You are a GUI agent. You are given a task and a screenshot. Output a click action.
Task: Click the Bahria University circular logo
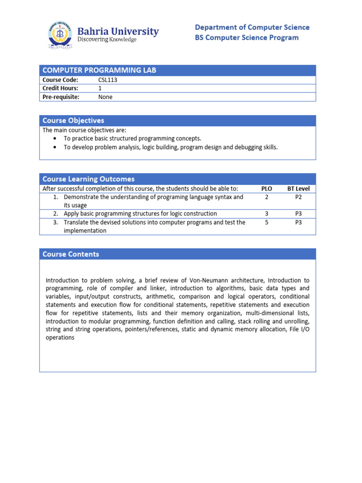click(x=60, y=35)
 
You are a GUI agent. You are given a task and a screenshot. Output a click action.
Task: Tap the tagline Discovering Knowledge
click(x=107, y=40)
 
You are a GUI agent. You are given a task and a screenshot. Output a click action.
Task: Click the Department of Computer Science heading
click(x=252, y=27)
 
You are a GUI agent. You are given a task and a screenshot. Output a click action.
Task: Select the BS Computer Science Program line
click(x=247, y=38)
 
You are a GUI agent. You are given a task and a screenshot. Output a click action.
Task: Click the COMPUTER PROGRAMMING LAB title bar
click(x=99, y=70)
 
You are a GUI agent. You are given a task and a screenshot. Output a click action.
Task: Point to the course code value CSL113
click(x=107, y=80)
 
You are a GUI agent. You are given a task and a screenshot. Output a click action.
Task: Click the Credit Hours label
click(x=60, y=88)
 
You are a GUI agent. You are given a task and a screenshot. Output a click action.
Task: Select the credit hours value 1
click(x=100, y=88)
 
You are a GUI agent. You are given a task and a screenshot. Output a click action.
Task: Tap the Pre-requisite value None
click(x=106, y=97)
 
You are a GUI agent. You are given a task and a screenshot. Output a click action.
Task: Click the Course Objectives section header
click(x=73, y=121)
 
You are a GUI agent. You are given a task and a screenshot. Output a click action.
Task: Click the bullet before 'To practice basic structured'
click(x=55, y=139)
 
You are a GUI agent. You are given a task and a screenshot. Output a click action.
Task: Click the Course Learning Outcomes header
click(x=88, y=179)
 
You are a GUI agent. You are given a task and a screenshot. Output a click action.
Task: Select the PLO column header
click(x=267, y=189)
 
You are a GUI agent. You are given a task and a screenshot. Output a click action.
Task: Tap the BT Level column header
click(x=298, y=189)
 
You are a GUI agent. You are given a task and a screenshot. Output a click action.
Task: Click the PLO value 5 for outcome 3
click(x=267, y=222)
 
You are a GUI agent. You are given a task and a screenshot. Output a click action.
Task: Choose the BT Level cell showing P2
click(x=298, y=197)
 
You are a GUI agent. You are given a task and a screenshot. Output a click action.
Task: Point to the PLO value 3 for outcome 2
click(x=267, y=214)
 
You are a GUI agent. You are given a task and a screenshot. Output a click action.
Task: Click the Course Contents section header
click(x=71, y=254)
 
